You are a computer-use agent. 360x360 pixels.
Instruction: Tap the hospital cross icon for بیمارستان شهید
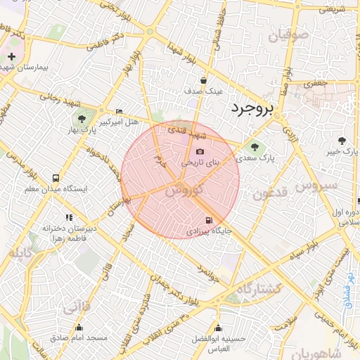click(x=12, y=56)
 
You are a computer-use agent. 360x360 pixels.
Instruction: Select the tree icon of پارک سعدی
click(x=254, y=147)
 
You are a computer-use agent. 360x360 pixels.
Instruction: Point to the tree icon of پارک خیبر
click(x=343, y=141)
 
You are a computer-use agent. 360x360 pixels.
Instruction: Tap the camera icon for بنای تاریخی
click(x=200, y=151)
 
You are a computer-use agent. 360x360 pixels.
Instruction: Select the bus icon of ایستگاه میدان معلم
click(x=56, y=178)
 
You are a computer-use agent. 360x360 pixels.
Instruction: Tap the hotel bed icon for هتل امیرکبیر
click(x=118, y=112)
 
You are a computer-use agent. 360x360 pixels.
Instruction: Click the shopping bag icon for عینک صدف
click(x=203, y=80)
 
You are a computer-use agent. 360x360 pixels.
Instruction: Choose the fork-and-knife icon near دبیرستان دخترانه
click(x=69, y=217)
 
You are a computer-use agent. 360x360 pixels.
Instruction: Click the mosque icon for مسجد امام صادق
click(x=78, y=327)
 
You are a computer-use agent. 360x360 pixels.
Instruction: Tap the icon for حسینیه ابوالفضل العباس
click(x=218, y=328)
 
